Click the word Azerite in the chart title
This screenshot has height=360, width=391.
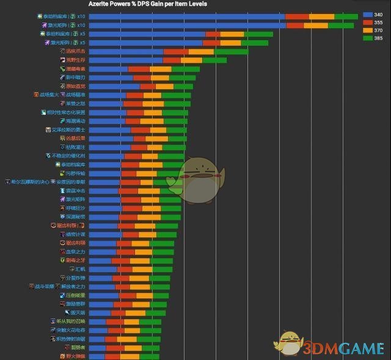100,4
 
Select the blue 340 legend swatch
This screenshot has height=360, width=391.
368,14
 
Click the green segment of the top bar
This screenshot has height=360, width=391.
346,16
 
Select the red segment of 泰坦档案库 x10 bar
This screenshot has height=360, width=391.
297,16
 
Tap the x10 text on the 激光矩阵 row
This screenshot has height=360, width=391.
81,25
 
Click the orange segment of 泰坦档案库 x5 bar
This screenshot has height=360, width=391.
232,34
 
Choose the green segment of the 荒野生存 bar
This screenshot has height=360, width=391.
214,60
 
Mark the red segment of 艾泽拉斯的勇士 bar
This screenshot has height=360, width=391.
140,130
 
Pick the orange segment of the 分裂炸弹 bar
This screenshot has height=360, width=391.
139,278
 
